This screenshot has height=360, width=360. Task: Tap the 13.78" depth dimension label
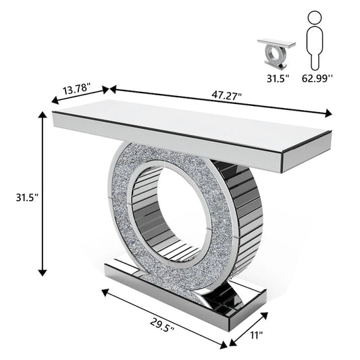coord(77,89)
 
